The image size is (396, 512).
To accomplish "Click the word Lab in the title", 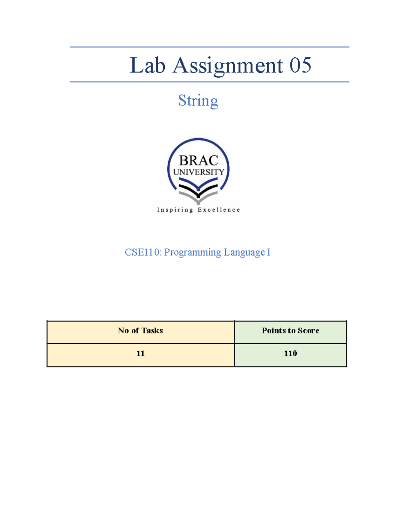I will click(147, 65).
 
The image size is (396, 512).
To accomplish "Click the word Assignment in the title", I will click(228, 65).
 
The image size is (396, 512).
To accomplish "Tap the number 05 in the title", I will click(300, 65).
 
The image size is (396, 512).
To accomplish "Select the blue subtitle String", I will click(198, 101).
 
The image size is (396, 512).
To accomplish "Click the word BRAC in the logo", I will click(198, 161).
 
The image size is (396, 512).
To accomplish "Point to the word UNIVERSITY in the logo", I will click(198, 172).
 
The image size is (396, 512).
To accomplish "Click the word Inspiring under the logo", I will click(175, 210).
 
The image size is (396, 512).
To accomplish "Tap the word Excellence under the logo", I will click(219, 210).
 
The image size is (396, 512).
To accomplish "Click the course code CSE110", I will click(143, 252).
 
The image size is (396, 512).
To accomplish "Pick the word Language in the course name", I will click(244, 252).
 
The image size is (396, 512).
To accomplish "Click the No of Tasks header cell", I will click(141, 331).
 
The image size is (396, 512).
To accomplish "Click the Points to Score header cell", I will click(290, 331).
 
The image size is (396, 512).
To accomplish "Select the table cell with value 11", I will click(141, 354).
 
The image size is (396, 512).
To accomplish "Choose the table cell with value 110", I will click(290, 354).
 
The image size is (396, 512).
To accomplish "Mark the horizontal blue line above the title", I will click(209, 47).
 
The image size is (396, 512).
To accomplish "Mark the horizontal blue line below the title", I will click(209, 82).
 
